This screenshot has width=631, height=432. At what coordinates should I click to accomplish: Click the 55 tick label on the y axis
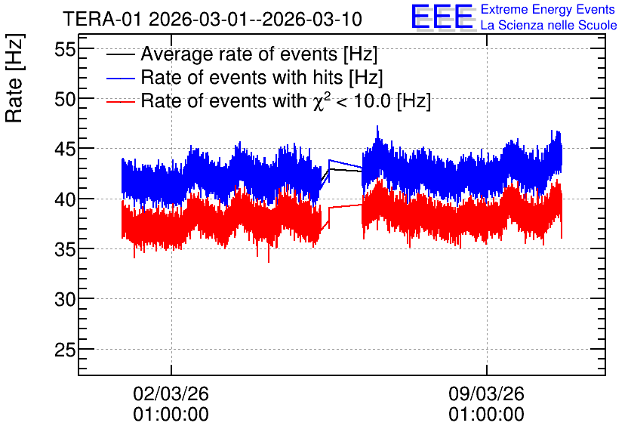[x=65, y=50]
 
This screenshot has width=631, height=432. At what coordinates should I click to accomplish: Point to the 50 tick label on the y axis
[x=65, y=100]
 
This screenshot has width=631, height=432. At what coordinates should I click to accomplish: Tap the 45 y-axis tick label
[x=65, y=150]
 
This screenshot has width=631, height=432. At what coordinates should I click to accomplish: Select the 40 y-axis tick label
[x=65, y=199]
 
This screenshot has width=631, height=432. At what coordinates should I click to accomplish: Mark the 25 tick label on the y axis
[x=65, y=350]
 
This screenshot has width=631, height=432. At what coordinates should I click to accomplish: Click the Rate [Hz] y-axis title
[x=14, y=78]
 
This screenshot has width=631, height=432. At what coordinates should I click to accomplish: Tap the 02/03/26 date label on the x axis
[x=171, y=393]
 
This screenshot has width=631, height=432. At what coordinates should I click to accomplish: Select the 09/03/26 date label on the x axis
[x=487, y=393]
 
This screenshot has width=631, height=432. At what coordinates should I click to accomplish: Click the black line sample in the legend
[x=120, y=54]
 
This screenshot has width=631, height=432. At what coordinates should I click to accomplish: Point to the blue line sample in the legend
[x=120, y=78]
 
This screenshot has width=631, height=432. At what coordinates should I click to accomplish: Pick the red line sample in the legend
[x=120, y=101]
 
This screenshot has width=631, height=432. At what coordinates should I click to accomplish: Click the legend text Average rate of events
[x=239, y=54]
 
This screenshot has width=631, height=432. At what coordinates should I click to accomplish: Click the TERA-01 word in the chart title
[x=102, y=20]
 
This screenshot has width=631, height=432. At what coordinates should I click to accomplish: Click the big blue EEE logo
[x=442, y=17]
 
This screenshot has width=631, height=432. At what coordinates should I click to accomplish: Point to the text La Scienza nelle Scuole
[x=549, y=25]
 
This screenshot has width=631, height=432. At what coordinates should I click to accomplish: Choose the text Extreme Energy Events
[x=548, y=9]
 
